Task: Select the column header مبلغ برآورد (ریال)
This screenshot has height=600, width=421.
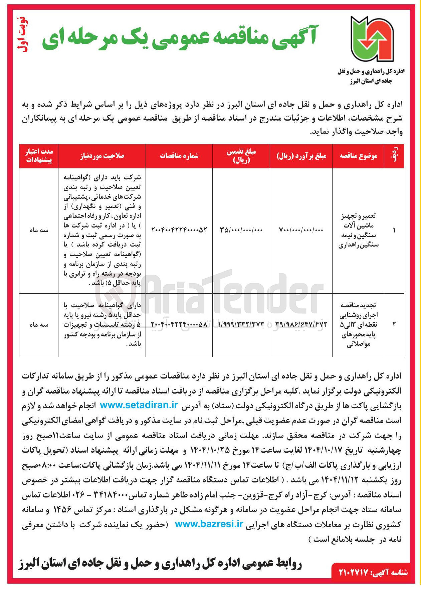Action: pyautogui.click(x=301, y=156)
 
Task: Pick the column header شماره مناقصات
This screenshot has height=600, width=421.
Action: pyautogui.click(x=179, y=156)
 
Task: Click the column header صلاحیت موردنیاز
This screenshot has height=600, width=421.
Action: pyautogui.click(x=102, y=156)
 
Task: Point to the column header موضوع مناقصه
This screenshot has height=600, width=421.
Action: pyautogui.click(x=358, y=156)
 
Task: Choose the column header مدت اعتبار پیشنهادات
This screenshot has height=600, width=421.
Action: pyautogui.click(x=39, y=156)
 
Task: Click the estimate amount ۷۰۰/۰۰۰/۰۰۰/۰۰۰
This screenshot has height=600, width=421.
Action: pyautogui.click(x=301, y=230)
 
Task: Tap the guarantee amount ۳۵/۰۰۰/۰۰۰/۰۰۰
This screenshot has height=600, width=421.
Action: pyautogui.click(x=241, y=230)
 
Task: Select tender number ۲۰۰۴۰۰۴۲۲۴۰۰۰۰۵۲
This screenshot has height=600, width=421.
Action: pyautogui.click(x=179, y=230)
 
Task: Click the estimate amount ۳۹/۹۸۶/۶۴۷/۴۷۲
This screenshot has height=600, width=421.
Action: pyautogui.click(x=301, y=324)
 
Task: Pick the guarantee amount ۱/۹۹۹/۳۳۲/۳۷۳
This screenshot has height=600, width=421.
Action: pyautogui.click(x=241, y=324)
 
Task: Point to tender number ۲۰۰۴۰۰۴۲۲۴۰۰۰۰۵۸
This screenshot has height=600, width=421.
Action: pyautogui.click(x=179, y=324)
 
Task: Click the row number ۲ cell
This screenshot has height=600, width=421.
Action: pyautogui.click(x=394, y=324)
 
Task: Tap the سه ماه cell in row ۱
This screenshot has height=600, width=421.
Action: pyautogui.click(x=39, y=230)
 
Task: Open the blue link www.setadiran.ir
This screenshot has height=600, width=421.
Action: pyautogui.click(x=139, y=405)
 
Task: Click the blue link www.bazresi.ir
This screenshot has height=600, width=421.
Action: pyautogui.click(x=209, y=524)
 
